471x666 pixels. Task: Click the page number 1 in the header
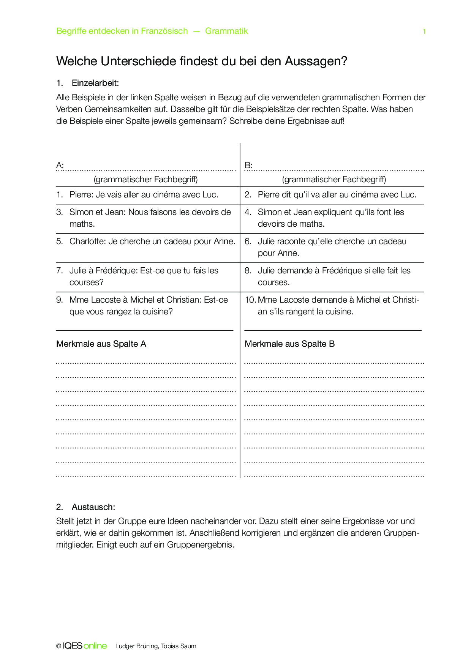(x=424, y=32)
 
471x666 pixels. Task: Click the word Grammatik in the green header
(x=226, y=31)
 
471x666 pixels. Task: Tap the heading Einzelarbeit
(x=95, y=83)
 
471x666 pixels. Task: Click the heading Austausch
(x=93, y=507)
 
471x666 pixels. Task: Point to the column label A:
(x=60, y=165)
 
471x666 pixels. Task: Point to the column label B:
(x=248, y=165)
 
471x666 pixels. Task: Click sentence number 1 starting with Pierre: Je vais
(x=144, y=195)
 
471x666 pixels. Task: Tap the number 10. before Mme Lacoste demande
(x=250, y=300)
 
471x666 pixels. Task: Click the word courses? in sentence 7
(x=87, y=282)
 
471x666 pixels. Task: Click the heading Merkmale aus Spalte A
(x=101, y=344)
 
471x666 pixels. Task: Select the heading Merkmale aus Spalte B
(x=289, y=344)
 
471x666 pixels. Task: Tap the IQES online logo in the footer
(x=85, y=646)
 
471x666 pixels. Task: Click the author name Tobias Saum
(x=179, y=646)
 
